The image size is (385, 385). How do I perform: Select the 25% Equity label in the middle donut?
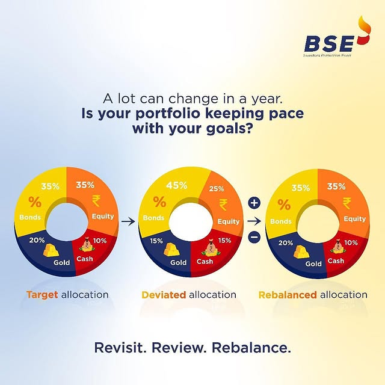click(x=217, y=189)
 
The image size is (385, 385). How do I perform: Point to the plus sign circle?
click(x=254, y=203)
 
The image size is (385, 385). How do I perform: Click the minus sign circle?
click(x=254, y=238)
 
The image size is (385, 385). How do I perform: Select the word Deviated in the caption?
click(x=164, y=295)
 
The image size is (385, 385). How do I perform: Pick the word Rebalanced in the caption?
click(x=287, y=295)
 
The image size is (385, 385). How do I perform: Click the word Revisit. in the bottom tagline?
click(x=120, y=348)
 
